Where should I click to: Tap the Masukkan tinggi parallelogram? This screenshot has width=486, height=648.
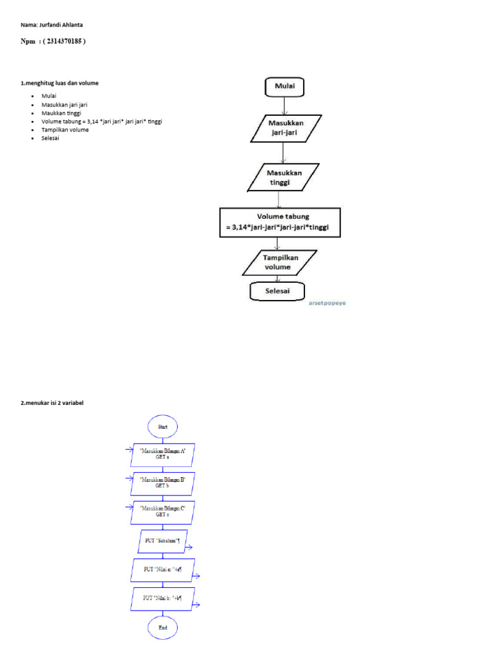283,177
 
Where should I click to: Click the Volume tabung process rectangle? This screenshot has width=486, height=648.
280,222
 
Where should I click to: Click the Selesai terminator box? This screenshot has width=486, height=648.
277,290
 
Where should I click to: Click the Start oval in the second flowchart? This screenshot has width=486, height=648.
163,427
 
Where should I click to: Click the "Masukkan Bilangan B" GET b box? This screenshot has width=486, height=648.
163,482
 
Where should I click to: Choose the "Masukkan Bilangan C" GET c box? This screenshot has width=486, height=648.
163,511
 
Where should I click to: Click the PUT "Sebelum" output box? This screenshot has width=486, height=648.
162,541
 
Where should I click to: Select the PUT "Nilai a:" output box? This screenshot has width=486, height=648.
163,570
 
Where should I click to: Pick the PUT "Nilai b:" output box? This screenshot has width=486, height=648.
163,598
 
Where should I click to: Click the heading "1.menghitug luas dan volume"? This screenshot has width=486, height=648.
60,83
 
